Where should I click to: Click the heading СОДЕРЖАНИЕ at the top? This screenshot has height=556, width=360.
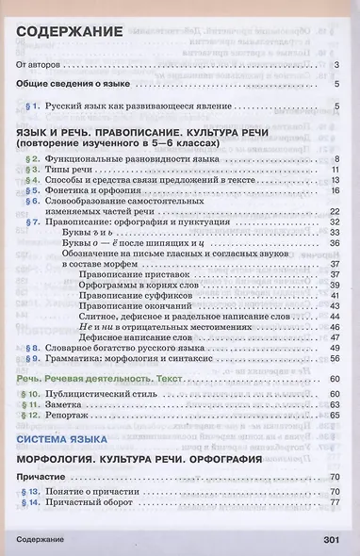pos(69,34)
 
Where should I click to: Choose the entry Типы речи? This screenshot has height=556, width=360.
pos(70,168)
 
